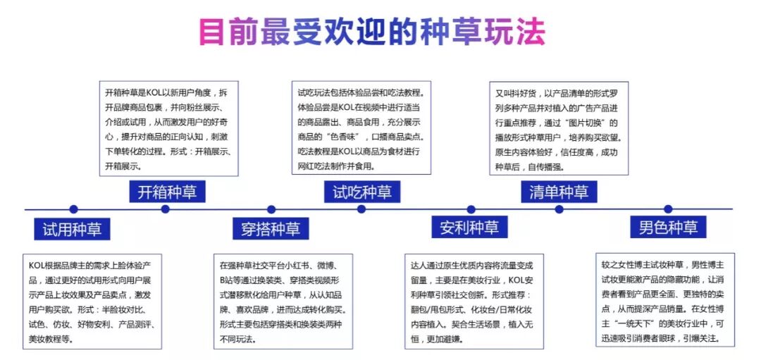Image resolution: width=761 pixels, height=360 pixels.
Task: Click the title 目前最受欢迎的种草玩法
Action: coord(372,32)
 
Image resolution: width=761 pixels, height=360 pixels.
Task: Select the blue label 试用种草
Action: coord(72,229)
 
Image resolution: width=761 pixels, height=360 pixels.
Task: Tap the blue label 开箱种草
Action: coord(167,192)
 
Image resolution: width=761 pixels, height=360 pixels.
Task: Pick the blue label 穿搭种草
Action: coord(270,229)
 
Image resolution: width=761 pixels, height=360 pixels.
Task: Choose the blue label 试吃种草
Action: coord(362,192)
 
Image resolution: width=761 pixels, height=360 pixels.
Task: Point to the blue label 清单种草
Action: coord(559,192)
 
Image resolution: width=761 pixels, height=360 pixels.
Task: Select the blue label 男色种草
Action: coord(668,228)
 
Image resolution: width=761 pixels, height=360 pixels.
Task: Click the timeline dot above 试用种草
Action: coord(73,209)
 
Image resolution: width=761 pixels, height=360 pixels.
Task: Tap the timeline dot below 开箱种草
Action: coord(166,209)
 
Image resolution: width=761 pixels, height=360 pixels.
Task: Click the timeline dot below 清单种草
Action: coord(559,209)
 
